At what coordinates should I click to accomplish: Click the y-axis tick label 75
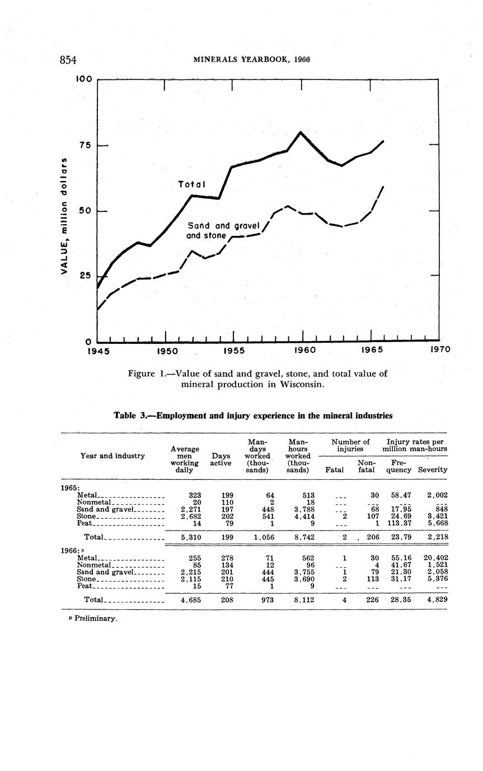(x=84, y=145)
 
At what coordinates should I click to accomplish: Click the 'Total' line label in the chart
(x=192, y=184)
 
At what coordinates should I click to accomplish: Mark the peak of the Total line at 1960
(x=301, y=133)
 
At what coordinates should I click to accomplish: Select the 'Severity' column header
(x=433, y=470)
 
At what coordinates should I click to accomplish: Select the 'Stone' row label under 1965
(x=87, y=516)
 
